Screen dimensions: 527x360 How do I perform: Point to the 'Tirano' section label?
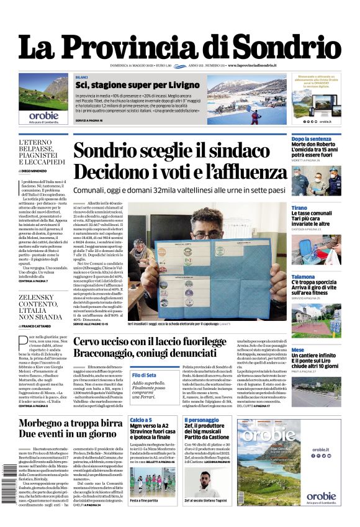(299, 208)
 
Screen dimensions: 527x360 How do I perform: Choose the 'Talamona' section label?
(303, 277)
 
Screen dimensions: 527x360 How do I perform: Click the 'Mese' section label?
(298, 350)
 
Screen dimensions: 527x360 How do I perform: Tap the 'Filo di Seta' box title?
(144, 375)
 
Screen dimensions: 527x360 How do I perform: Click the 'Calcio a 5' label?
(141, 420)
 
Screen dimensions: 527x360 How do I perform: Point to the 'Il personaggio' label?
(202, 420)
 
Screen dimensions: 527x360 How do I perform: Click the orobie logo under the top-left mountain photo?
(43, 115)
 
